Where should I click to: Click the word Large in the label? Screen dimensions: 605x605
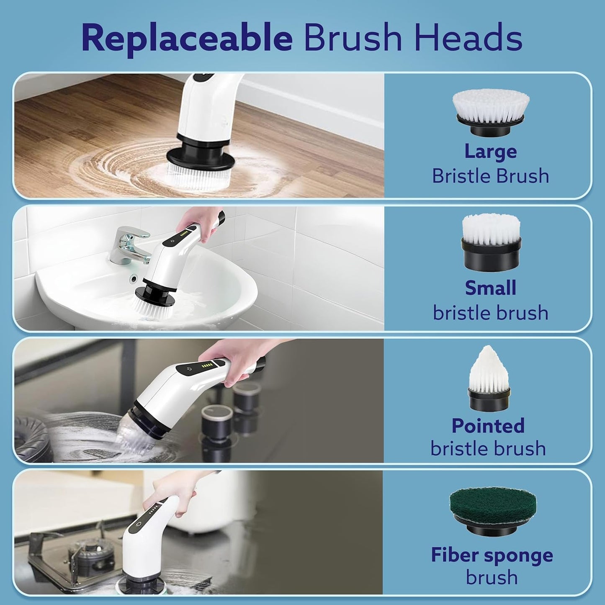(490, 152)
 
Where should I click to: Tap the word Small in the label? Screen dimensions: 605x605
(490, 288)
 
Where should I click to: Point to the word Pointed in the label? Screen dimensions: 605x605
(488, 426)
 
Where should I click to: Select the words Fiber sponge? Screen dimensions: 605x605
(492, 555)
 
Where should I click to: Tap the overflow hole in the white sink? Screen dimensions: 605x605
(134, 278)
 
